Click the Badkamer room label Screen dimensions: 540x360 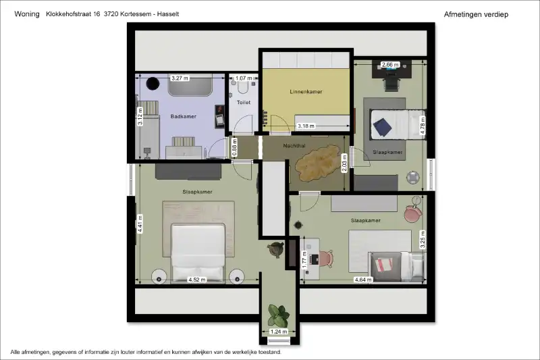(x=183, y=116)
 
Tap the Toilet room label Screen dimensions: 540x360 (x=244, y=102)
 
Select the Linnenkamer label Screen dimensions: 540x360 (x=306, y=92)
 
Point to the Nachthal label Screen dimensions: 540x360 (x=294, y=146)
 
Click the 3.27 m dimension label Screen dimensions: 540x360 (x=180, y=78)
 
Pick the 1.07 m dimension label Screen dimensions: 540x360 (x=244, y=78)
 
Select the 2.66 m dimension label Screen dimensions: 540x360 (x=390, y=64)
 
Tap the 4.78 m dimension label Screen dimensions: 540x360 (x=423, y=126)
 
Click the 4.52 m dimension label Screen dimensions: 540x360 (x=197, y=280)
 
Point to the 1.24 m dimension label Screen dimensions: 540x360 (x=279, y=332)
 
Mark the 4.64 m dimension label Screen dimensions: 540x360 (x=363, y=280)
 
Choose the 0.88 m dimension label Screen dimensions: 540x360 (x=234, y=147)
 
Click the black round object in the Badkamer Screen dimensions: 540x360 (x=153, y=83)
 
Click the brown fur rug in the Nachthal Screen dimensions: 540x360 (x=317, y=164)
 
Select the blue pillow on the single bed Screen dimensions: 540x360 (x=382, y=127)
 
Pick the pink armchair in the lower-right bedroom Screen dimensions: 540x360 (x=413, y=213)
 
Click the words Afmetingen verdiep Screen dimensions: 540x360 (x=476, y=14)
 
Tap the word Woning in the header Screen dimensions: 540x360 (x=27, y=14)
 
